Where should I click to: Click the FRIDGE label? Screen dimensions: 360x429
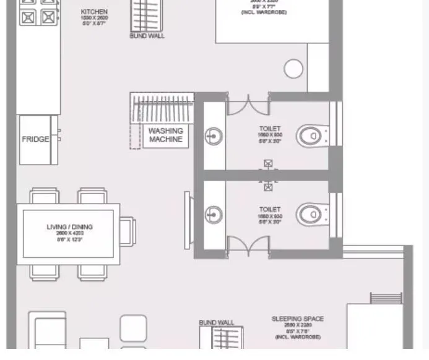(x=35, y=139)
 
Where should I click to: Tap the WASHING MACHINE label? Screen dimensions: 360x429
(x=165, y=135)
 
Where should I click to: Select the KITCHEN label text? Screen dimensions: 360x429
(x=94, y=12)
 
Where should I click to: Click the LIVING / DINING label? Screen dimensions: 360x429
(x=69, y=227)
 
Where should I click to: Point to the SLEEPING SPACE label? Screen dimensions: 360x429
(x=297, y=319)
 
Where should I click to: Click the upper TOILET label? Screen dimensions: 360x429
(x=269, y=129)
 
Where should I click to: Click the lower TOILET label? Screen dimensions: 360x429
(x=269, y=209)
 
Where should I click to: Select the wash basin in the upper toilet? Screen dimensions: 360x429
(x=214, y=135)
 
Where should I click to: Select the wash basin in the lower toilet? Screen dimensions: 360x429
(x=214, y=215)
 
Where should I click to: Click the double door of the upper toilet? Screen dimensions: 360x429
(x=248, y=105)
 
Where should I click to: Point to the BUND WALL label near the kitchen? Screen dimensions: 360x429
(x=147, y=36)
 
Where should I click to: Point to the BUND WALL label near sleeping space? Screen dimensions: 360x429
(x=217, y=323)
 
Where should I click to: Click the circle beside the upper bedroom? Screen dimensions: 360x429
(x=293, y=69)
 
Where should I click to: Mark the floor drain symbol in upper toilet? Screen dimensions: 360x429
(x=268, y=164)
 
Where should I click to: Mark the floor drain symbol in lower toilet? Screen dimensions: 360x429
(x=268, y=186)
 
